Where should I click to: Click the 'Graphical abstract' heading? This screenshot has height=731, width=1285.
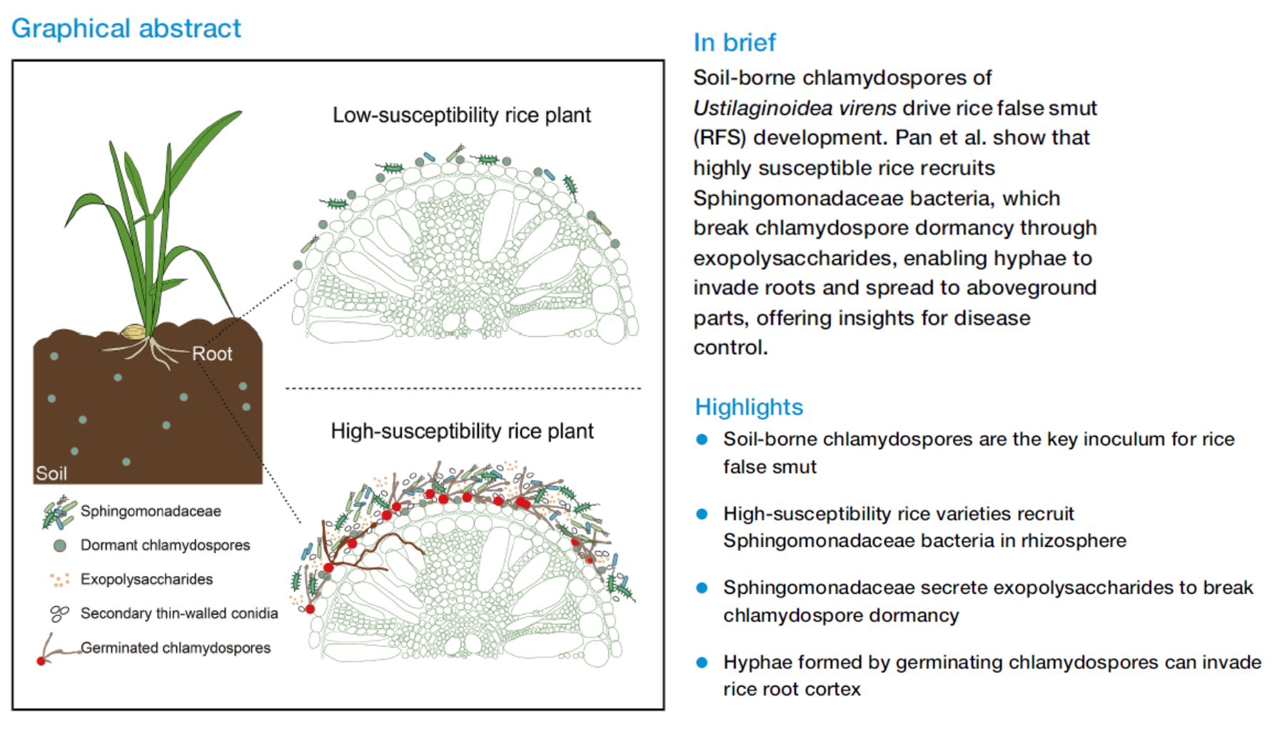coord(126,29)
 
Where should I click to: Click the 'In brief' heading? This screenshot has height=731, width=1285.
coord(734,43)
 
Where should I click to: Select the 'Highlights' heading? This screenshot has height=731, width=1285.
coord(749,407)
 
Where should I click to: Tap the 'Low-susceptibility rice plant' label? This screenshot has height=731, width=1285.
coord(461,115)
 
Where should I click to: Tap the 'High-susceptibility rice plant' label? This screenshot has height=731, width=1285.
coord(462,431)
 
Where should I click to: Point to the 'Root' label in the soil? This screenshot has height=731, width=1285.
coord(212,354)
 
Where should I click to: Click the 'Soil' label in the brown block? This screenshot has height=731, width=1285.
coord(51,473)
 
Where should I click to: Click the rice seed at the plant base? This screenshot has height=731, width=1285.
coord(133,331)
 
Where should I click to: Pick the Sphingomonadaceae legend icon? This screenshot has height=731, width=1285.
coord(59,513)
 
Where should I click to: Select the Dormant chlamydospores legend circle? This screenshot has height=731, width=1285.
coord(60,545)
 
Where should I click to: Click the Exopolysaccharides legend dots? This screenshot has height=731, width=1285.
coord(60,579)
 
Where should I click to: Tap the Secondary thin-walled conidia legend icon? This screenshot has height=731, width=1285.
coord(59,613)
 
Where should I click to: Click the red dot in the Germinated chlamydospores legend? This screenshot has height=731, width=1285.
coord(41,661)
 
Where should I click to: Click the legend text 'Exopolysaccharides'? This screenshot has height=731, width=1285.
coord(146,579)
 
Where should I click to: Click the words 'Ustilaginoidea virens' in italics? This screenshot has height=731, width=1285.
coord(795,108)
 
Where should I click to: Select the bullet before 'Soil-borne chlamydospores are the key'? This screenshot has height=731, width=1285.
coord(702,440)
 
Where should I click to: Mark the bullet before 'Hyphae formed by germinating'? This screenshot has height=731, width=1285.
coord(702,662)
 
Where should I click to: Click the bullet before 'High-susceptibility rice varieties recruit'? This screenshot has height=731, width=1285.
coord(702,514)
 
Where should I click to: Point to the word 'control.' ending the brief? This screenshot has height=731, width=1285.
coord(730,348)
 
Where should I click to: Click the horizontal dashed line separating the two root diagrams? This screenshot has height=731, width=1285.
coord(463,388)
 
